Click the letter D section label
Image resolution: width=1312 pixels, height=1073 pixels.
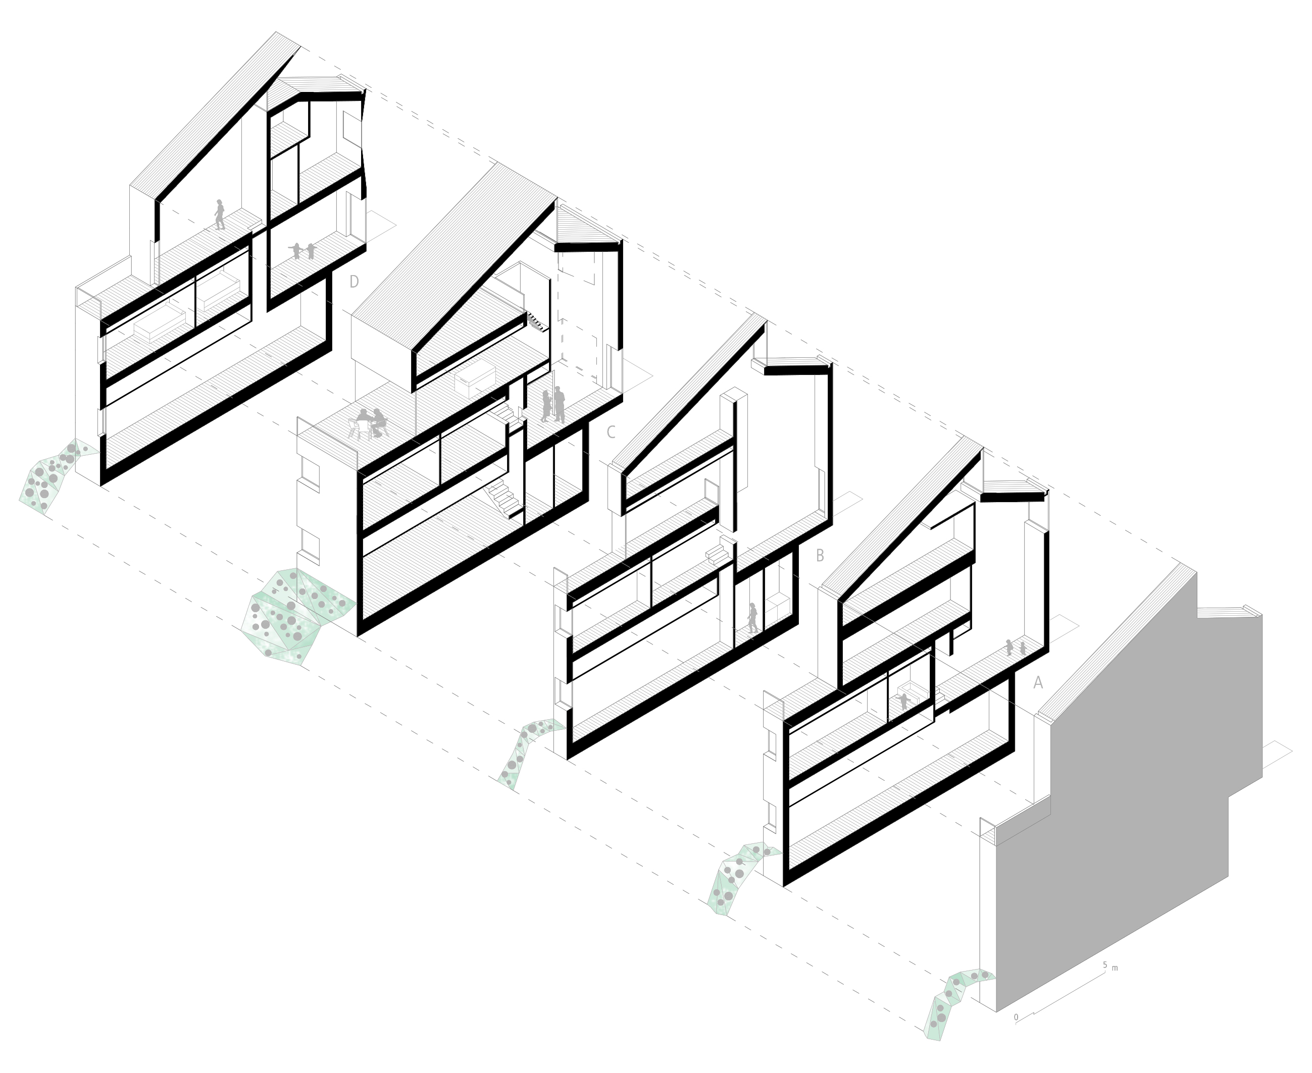coord(355,282)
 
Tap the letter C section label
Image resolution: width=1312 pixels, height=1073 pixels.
coord(611,432)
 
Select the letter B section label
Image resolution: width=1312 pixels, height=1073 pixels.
coord(820,556)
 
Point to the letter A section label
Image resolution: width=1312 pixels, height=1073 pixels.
coord(1038,682)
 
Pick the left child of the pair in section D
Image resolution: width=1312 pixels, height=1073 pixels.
coord(295,251)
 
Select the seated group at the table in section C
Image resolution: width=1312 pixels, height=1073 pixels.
coord(369,423)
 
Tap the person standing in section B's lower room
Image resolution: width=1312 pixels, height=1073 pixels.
coord(752,617)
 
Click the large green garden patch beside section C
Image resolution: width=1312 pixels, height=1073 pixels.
coord(295,616)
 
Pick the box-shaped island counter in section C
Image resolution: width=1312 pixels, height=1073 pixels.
coord(475,378)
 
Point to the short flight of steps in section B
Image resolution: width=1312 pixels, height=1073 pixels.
coord(719,551)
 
